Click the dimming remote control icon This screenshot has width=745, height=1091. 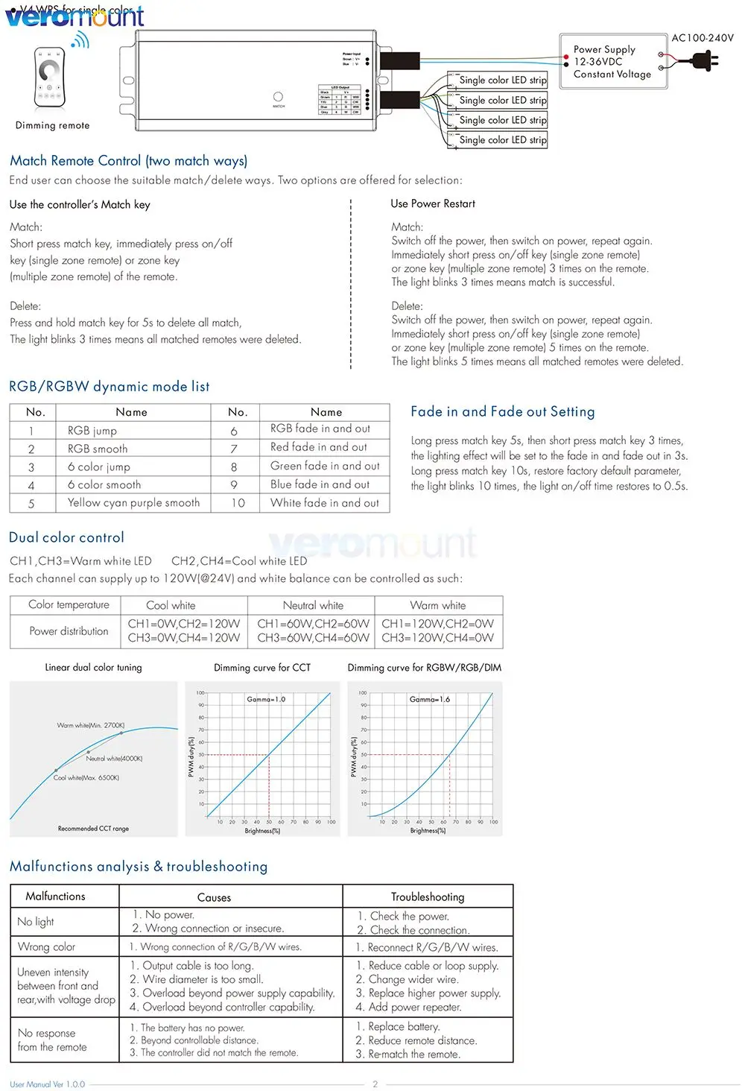50,78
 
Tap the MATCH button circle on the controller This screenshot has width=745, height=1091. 278,97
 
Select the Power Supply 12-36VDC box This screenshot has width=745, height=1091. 612,62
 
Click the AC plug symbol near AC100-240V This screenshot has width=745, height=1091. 703,60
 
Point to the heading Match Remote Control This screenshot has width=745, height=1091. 128,161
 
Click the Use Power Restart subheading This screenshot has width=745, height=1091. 433,203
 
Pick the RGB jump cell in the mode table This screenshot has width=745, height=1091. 92,431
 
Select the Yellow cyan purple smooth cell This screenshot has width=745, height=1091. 133,503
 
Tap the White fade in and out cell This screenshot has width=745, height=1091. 325,503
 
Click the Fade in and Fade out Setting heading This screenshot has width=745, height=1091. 503,411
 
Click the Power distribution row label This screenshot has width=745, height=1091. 69,631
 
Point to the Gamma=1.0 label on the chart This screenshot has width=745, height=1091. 266,699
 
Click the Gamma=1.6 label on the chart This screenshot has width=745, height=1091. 430,699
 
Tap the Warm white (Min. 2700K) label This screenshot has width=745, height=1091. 91,725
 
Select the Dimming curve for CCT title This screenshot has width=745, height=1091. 262,668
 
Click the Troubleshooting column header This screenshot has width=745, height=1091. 428,896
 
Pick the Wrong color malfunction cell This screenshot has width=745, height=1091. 46,946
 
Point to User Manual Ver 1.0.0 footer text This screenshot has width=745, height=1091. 48,1084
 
